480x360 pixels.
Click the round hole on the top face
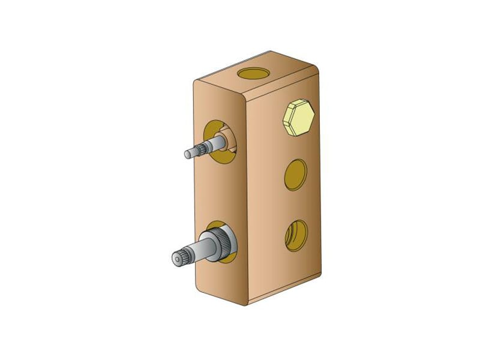pyautogui.click(x=253, y=73)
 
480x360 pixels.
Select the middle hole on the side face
pyautogui.click(x=295, y=175)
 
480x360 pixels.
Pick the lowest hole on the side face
pyautogui.click(x=295, y=235)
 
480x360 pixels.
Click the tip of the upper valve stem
pyautogui.click(x=188, y=154)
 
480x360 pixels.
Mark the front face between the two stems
pyautogui.click(x=219, y=195)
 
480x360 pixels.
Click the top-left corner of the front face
pyautogui.click(x=195, y=82)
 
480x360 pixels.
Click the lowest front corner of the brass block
pyautogui.click(x=246, y=305)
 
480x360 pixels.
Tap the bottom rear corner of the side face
pyautogui.click(x=320, y=271)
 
